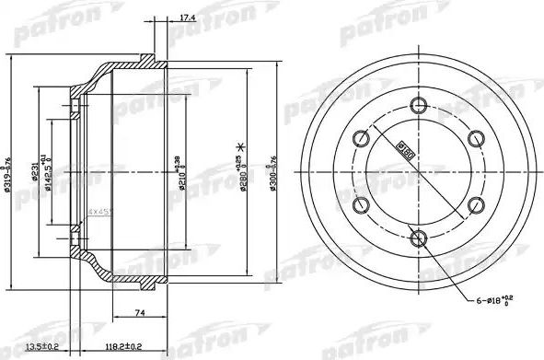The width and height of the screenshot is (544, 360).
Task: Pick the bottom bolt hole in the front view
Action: pos(418,238)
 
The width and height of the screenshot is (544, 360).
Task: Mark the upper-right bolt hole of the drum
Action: pos(475,139)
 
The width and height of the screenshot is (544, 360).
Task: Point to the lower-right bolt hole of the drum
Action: pos(475,205)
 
